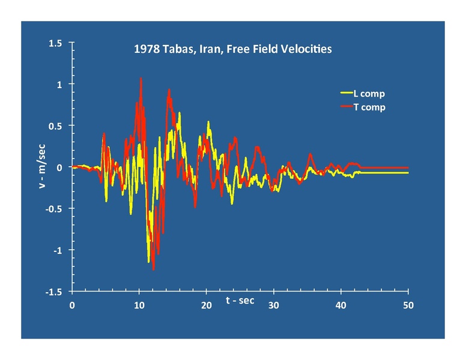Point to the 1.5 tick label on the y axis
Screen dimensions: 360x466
pos(56,43)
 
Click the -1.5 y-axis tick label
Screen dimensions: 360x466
pos(54,292)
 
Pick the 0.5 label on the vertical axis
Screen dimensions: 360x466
pos(56,126)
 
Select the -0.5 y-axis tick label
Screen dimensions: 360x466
pos(54,209)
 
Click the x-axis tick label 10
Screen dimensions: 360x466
pos(139,305)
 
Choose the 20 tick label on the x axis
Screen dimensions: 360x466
pos(207,305)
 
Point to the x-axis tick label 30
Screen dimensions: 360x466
pos(274,305)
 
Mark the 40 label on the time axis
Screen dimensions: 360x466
pos(341,305)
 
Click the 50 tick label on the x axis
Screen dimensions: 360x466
pos(408,305)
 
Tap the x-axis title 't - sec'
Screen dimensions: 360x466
pos(240,300)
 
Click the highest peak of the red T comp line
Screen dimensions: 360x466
pos(141,78)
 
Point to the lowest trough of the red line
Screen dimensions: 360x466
pos(154,269)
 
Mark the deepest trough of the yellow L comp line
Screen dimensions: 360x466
pos(148,262)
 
